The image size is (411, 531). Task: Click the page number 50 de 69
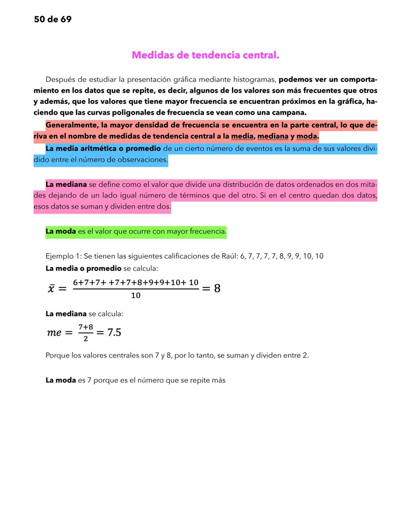tap(53, 19)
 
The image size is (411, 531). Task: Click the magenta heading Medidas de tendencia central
tap(205, 55)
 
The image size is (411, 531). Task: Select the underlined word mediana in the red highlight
tap(273, 136)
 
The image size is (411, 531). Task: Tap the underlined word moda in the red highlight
tap(307, 136)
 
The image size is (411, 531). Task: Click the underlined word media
tap(242, 136)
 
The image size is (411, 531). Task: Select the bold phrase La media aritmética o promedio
tap(103, 149)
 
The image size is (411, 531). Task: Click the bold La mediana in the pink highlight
tap(66, 185)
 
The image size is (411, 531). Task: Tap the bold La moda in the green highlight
tap(61, 231)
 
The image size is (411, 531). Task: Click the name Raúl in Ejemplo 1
tap(229, 256)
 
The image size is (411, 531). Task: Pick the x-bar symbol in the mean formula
tap(51, 288)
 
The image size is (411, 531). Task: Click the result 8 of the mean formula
tap(217, 288)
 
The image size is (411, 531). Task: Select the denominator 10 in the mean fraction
tap(135, 296)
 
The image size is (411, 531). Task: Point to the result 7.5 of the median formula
tap(114, 333)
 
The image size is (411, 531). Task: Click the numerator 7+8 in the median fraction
tap(86, 327)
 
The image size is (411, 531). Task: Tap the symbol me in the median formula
tap(54, 333)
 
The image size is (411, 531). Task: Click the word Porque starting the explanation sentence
tap(57, 356)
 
